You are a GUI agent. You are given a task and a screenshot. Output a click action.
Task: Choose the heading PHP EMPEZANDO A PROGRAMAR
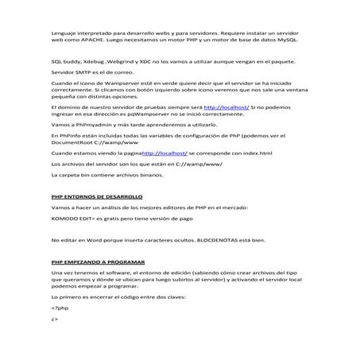tap(99, 261)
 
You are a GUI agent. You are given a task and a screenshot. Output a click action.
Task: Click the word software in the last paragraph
tap(114, 273)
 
